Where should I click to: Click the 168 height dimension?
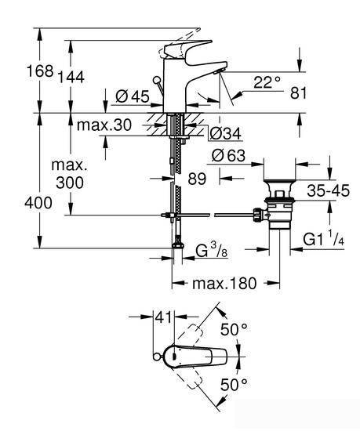(x=39, y=71)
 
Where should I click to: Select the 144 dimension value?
(x=71, y=78)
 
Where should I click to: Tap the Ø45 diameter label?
(x=133, y=96)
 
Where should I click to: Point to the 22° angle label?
(x=267, y=82)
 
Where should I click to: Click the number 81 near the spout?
(x=298, y=93)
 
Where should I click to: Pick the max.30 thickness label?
(x=104, y=125)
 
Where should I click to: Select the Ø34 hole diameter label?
(x=225, y=134)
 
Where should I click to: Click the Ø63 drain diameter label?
(x=228, y=156)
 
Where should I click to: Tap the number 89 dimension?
(x=197, y=179)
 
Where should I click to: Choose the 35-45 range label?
(x=328, y=190)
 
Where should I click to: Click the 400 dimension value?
(x=38, y=203)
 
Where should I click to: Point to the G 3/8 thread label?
(x=212, y=250)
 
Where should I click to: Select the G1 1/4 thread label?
(x=324, y=239)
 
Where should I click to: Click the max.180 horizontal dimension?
(x=224, y=284)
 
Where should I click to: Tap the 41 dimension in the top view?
(x=163, y=317)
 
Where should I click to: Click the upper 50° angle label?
(x=234, y=329)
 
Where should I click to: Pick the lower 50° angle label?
(x=234, y=384)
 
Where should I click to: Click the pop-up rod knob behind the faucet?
(x=157, y=80)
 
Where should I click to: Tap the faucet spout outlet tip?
(x=219, y=72)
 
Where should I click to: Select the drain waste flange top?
(x=279, y=182)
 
